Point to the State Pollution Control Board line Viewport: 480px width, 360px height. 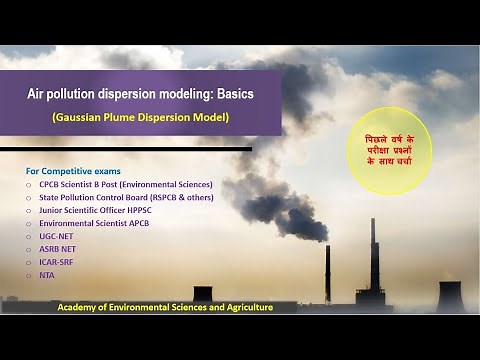click(x=125, y=198)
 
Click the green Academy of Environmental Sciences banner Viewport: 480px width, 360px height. click(x=165, y=307)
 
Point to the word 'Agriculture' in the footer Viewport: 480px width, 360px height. click(x=247, y=307)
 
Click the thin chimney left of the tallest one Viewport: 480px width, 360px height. click(x=328, y=272)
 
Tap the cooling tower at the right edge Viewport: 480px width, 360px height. click(x=451, y=296)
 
